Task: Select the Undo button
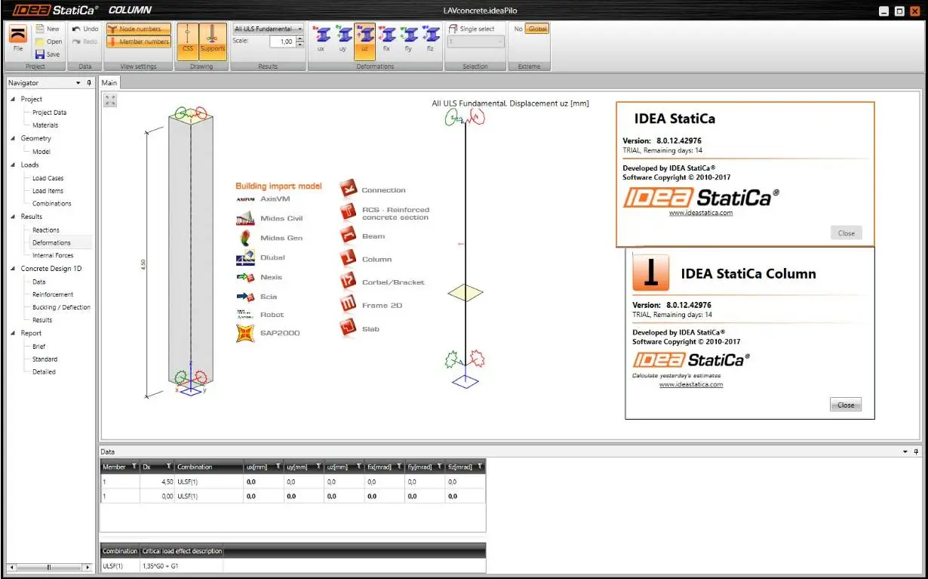coord(85,29)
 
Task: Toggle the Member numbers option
coord(139,42)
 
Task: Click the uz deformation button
coord(364,38)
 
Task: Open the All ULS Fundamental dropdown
coord(268,29)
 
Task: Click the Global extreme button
coord(537,29)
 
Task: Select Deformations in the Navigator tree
coord(51,242)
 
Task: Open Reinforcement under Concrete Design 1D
coord(53,294)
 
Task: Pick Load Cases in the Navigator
coord(48,178)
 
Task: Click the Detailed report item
coord(44,371)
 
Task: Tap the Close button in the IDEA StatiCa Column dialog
coord(846,405)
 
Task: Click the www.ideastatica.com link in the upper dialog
coord(701,213)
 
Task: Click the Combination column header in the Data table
coord(195,467)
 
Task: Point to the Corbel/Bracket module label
coord(393,282)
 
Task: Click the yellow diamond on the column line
coord(466,292)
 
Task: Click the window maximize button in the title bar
coord(899,11)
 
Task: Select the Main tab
coord(109,82)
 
